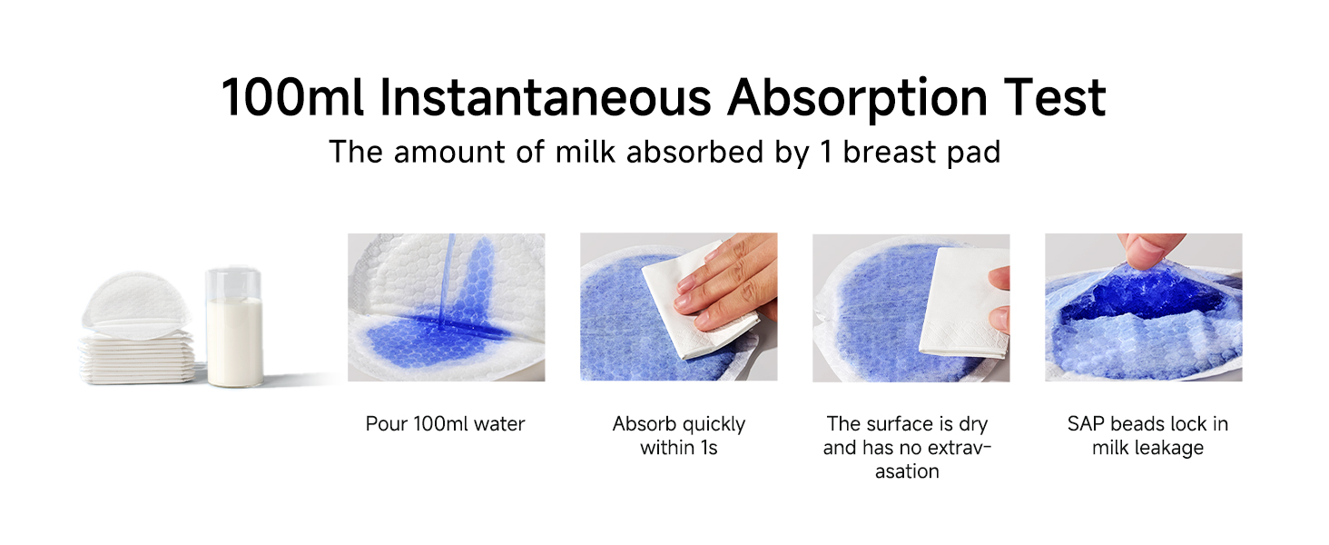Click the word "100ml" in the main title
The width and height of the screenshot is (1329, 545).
[292, 97]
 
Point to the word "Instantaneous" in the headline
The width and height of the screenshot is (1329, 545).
[546, 97]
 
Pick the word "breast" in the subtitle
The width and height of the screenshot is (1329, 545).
[888, 152]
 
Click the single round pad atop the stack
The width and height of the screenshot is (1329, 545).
[136, 305]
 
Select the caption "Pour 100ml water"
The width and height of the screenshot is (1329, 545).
[445, 424]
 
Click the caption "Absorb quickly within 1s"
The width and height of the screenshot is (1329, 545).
[679, 436]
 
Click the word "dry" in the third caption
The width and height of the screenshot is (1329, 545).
[973, 425]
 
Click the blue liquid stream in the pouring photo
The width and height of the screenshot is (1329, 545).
[446, 280]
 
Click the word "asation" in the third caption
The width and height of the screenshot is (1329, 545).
[907, 471]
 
